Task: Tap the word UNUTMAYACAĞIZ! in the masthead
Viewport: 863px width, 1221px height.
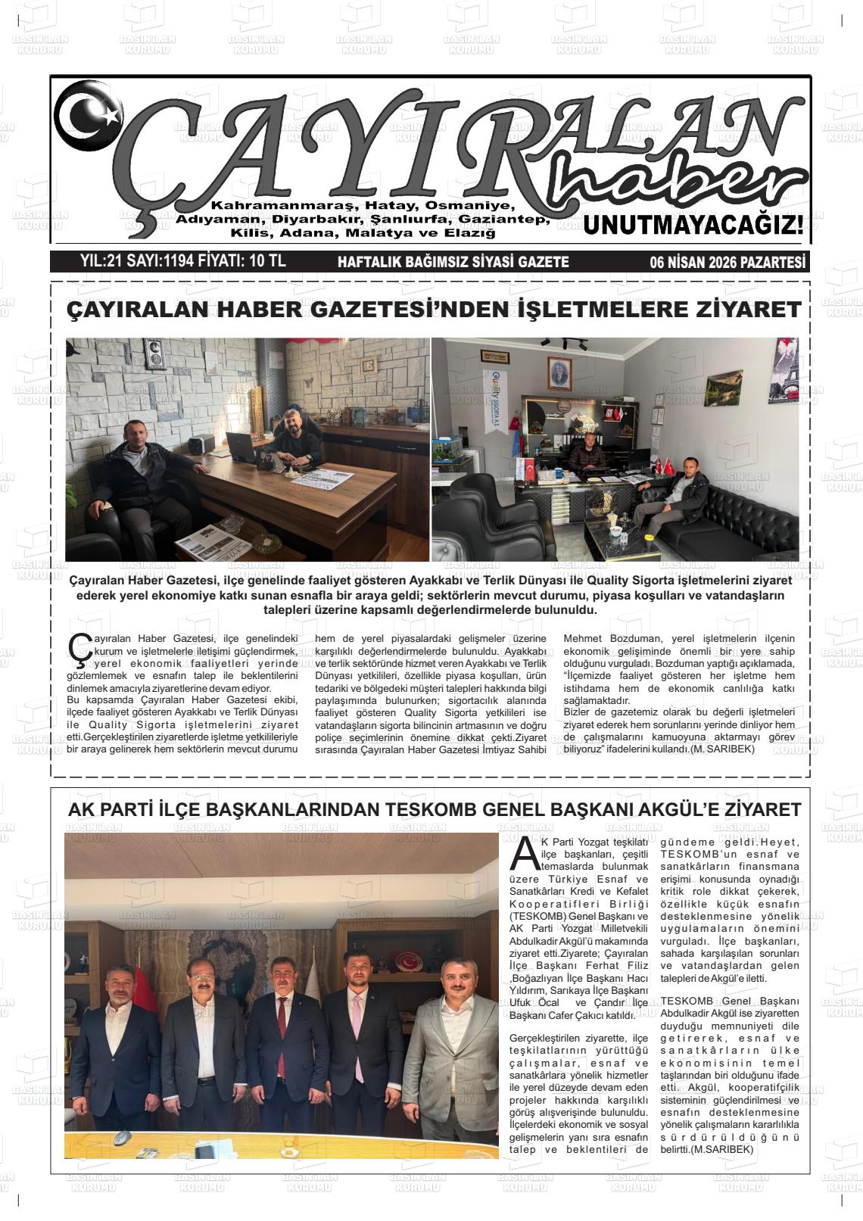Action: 693,225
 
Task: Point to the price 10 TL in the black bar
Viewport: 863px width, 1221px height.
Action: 266,261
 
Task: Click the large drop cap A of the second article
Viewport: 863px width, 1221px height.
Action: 525,854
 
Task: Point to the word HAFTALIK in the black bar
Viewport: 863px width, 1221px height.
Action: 369,262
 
